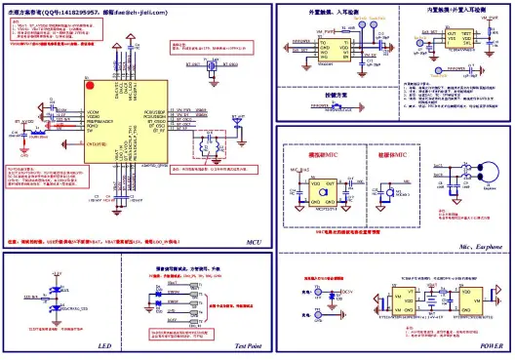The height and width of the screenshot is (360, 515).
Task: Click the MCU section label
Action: [253, 241]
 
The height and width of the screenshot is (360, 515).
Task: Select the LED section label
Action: [106, 345]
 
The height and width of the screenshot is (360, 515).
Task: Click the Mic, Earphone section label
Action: [480, 248]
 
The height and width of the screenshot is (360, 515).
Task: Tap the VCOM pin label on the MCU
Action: [95, 114]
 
